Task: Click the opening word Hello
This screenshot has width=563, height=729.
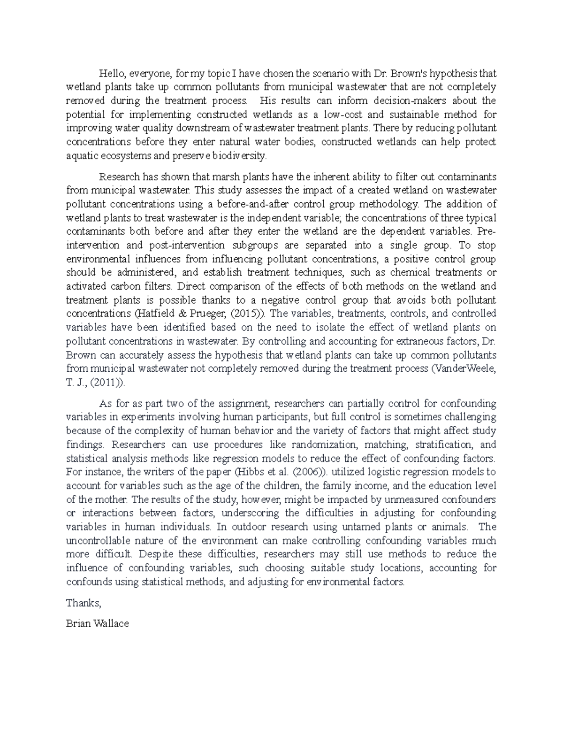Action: [x=111, y=73]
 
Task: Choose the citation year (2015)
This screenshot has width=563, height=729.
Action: [x=246, y=314]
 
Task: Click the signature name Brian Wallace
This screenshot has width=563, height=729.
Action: [x=98, y=624]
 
